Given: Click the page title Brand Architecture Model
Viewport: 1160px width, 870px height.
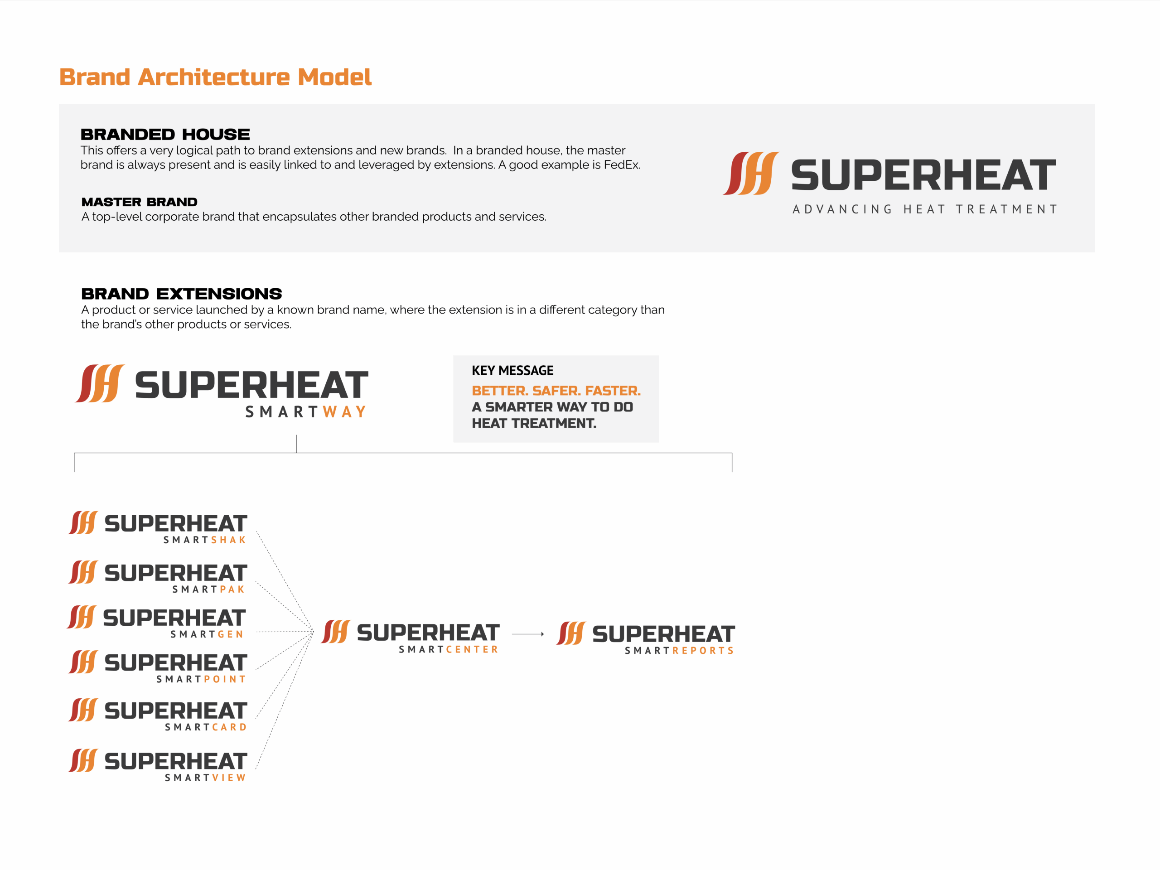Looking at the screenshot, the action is [215, 77].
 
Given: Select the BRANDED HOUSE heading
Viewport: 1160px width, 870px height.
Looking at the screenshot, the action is [165, 134].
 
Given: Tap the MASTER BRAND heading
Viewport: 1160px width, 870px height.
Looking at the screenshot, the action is [140, 202].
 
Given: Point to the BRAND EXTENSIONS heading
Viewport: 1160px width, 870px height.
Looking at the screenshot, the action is [181, 294].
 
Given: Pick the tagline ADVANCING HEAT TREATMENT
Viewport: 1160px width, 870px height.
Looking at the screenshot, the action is [925, 209].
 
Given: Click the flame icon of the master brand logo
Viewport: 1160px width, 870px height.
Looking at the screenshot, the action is [751, 174].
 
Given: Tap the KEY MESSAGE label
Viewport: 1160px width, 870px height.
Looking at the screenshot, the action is [512, 371].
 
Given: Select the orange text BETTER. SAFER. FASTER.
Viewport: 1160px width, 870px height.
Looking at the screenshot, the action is [556, 391].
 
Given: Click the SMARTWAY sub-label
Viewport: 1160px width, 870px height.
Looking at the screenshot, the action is [306, 411].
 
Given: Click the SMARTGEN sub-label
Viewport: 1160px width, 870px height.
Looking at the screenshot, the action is [207, 634].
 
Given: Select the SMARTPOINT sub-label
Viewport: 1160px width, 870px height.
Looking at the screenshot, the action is [201, 679].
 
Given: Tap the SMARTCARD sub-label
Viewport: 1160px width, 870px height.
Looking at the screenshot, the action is [206, 727].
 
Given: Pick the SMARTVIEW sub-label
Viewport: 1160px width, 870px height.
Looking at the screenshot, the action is [206, 778].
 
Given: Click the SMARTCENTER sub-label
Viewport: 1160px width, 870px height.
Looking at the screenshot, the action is [449, 650].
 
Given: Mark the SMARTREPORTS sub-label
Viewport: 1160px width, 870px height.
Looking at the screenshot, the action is [679, 651].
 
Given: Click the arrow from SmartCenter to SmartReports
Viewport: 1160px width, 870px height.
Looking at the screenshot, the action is [528, 634].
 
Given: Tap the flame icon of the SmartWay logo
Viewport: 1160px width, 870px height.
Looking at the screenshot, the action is [100, 384].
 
